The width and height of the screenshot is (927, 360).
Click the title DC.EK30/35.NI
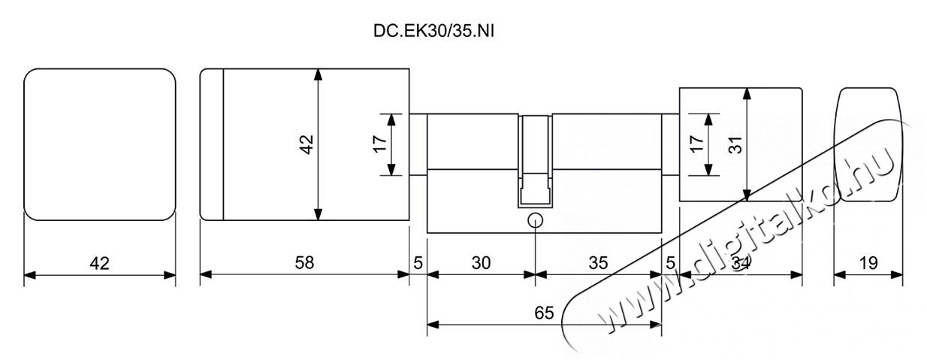pyautogui.click(x=433, y=32)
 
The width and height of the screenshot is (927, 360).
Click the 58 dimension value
pyautogui.click(x=304, y=262)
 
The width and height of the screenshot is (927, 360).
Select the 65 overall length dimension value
pyautogui.click(x=544, y=313)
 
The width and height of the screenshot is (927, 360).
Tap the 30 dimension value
pyautogui.click(x=481, y=262)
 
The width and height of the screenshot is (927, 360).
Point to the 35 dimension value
pyautogui.click(x=598, y=262)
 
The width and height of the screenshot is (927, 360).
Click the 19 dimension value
pyautogui.click(x=868, y=262)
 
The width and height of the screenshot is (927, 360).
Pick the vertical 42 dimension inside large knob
pyautogui.click(x=307, y=144)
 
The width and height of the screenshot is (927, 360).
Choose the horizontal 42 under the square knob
pyautogui.click(x=99, y=263)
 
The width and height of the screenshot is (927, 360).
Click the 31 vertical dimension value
pyautogui.click(x=736, y=145)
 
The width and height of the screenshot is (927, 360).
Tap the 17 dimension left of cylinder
pyautogui.click(x=380, y=144)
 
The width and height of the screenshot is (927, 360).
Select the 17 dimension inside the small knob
pyautogui.click(x=697, y=144)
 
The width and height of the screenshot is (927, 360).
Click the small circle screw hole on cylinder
pyautogui.click(x=536, y=221)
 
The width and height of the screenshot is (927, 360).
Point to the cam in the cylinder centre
pyautogui.click(x=535, y=162)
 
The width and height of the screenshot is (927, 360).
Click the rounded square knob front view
pyautogui.click(x=100, y=144)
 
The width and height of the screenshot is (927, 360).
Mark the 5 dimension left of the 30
pyautogui.click(x=418, y=262)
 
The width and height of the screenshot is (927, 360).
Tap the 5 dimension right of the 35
pyautogui.click(x=670, y=262)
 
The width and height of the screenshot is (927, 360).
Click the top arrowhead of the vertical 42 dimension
pyautogui.click(x=318, y=74)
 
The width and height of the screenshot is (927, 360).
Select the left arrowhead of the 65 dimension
pyautogui.click(x=433, y=325)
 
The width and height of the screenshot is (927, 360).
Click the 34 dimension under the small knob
pyautogui.click(x=741, y=262)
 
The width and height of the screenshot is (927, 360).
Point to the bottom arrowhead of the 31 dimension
pyautogui.click(x=747, y=195)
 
